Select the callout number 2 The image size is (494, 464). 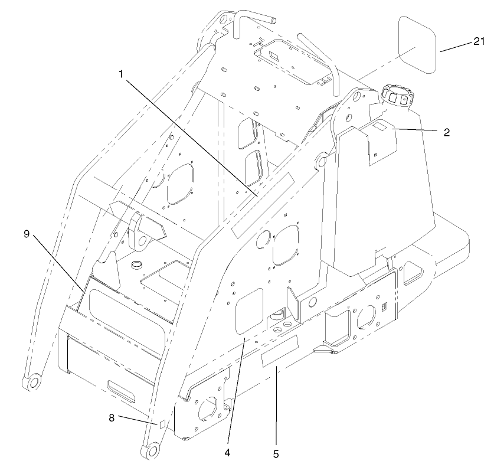[x=447, y=132]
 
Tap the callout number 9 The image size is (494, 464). [x=27, y=233]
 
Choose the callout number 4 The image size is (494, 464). [x=227, y=454]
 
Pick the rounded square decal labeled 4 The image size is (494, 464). [x=248, y=308]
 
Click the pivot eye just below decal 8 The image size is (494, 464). [x=151, y=451]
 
